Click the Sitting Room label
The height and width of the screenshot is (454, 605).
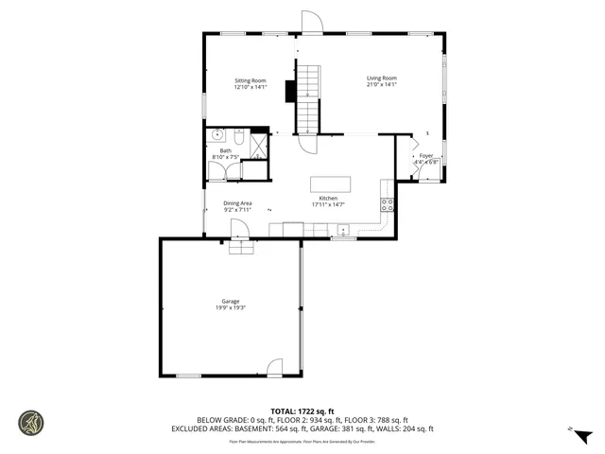pyautogui.click(x=251, y=80)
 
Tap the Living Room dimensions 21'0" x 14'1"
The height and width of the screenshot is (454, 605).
pyautogui.click(x=382, y=85)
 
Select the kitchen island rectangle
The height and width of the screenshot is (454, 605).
pyautogui.click(x=331, y=183)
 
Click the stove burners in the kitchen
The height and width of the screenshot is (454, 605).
pyautogui.click(x=387, y=204)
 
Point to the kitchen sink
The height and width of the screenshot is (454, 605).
pyautogui.click(x=342, y=229)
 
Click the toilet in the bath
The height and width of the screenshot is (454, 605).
pyautogui.click(x=239, y=137)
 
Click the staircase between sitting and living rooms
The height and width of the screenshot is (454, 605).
pyautogui.click(x=309, y=98)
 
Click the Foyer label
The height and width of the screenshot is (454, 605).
pyautogui.click(x=426, y=155)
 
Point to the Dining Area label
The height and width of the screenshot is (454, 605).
pyautogui.click(x=237, y=203)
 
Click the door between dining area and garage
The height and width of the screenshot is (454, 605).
pyautogui.click(x=239, y=230)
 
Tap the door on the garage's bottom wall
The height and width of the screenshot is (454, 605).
pyautogui.click(x=275, y=368)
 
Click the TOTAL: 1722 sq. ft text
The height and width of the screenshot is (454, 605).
pyautogui.click(x=302, y=410)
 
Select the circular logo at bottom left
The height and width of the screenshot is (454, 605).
pyautogui.click(x=31, y=422)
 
